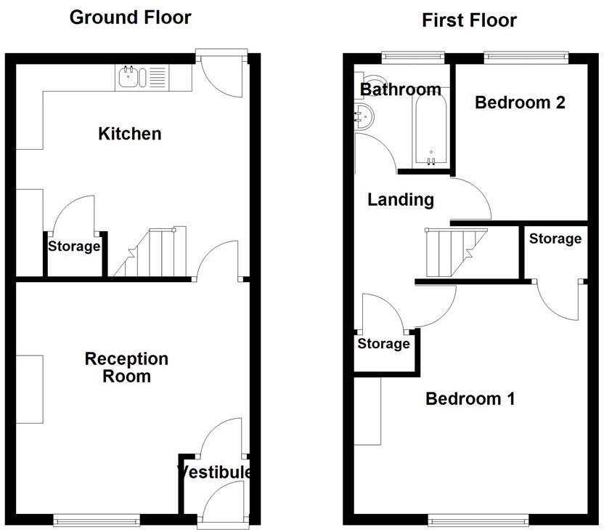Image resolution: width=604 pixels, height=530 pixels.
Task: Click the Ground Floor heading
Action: coord(131,17)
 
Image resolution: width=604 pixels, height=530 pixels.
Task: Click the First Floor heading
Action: coord(469,20)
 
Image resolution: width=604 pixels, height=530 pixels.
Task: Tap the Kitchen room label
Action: coord(130,134)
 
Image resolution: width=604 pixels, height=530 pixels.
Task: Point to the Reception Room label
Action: coord(126,367)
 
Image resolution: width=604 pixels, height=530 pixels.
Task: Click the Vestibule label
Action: coord(216,472)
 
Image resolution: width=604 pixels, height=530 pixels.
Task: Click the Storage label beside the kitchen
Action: coord(74,246)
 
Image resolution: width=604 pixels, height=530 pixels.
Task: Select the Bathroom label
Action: coord(401,89)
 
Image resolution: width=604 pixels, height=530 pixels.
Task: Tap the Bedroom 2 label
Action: coord(520,103)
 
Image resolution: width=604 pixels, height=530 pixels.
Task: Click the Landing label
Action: coord(401,199)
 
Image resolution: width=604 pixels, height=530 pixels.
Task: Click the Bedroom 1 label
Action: coord(470,398)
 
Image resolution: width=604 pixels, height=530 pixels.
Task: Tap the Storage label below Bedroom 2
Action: coord(555,238)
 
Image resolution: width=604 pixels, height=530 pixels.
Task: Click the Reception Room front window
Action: coord(97,519)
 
